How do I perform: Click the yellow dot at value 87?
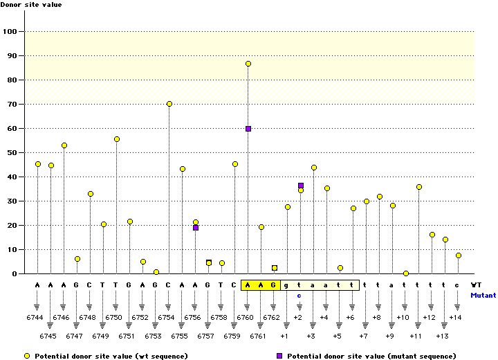coord(248,64)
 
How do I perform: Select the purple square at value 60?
coord(248,129)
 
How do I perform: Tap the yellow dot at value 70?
coord(169,104)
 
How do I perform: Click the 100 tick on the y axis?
coord(11,32)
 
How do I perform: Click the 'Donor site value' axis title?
coord(30,4)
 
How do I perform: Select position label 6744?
coord(34,316)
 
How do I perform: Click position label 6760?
coord(245,316)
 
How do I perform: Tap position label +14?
coord(454,316)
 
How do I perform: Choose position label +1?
coord(284,336)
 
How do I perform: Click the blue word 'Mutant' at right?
coord(483,295)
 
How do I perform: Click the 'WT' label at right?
coord(476,285)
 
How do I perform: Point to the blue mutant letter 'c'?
coord(299,295)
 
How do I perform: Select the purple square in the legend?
coord(279,355)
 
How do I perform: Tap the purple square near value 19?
coord(196,228)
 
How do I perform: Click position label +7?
coord(363,336)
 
